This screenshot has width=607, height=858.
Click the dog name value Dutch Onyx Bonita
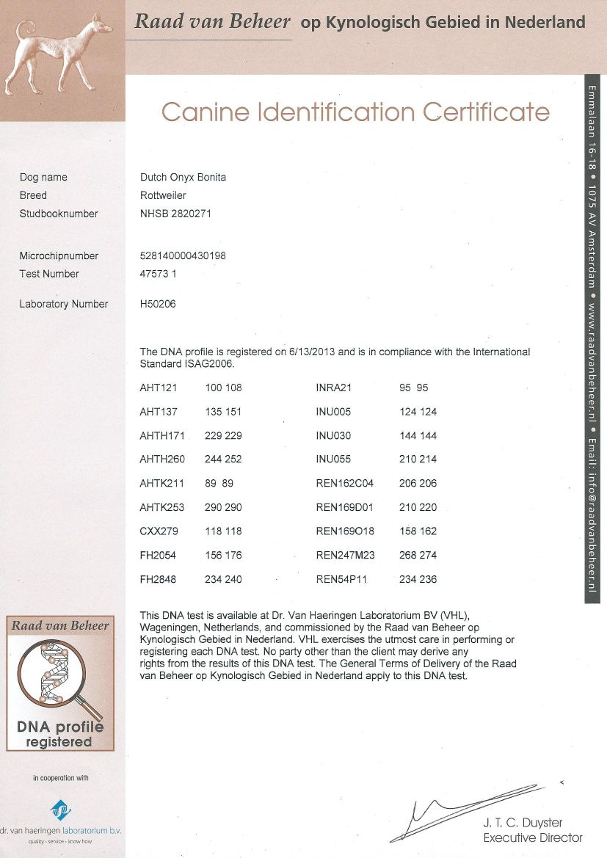(x=183, y=178)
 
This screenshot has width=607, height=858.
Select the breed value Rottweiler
(x=163, y=196)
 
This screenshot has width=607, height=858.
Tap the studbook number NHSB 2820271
(x=175, y=214)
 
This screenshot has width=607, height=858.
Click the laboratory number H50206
(x=158, y=304)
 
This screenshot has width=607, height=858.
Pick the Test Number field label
(x=49, y=274)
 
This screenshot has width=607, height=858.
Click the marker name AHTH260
(x=162, y=459)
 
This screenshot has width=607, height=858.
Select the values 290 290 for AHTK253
(x=223, y=507)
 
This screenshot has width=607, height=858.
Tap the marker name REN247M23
(x=345, y=555)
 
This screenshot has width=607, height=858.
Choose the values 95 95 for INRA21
(x=413, y=388)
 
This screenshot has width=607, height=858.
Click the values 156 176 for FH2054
(x=223, y=555)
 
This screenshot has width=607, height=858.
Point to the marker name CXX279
(x=159, y=531)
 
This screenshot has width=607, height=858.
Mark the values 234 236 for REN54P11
(x=418, y=579)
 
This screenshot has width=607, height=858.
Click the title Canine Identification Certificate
(x=355, y=112)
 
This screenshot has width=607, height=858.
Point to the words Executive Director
(x=532, y=837)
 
